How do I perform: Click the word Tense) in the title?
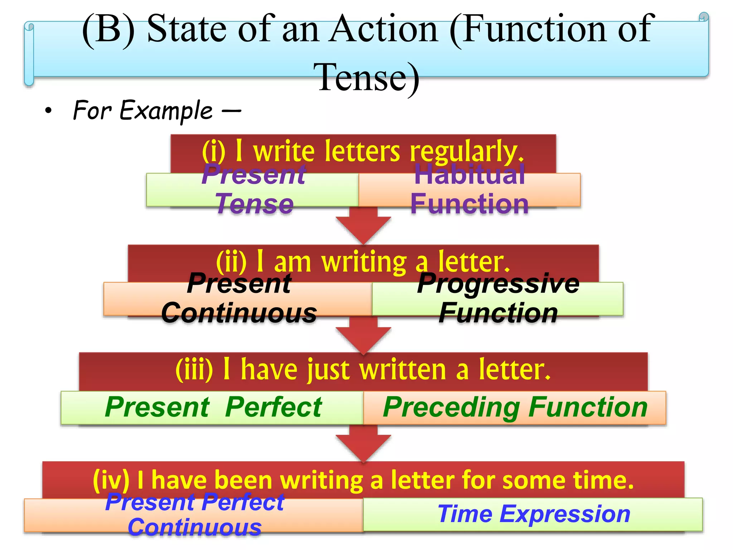coord(369,77)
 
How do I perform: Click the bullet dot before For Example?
coord(48,111)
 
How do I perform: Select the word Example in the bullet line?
coord(166,111)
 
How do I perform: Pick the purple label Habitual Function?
coord(469,189)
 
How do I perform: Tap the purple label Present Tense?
coord(254,189)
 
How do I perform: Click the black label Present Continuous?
coord(239,298)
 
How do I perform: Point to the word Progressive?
coord(498,284)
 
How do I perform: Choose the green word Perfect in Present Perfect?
coord(274,407)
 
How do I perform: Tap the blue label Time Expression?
coord(534,514)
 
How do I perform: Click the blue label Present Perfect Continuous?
coord(195,515)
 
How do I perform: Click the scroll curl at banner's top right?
coord(703,17)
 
